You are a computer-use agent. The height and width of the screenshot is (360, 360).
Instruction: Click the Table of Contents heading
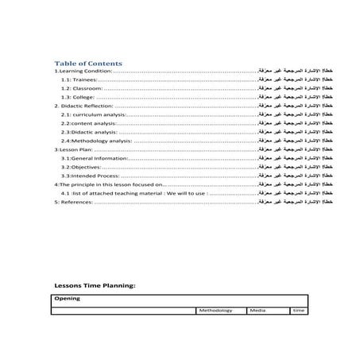[x=87, y=63]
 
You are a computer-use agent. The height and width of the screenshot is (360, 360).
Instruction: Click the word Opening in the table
[x=67, y=299]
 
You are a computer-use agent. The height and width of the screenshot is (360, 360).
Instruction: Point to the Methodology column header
[x=215, y=310]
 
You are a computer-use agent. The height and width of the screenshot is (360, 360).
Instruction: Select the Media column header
[x=257, y=310]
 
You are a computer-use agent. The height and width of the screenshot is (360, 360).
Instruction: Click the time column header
[x=298, y=310]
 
